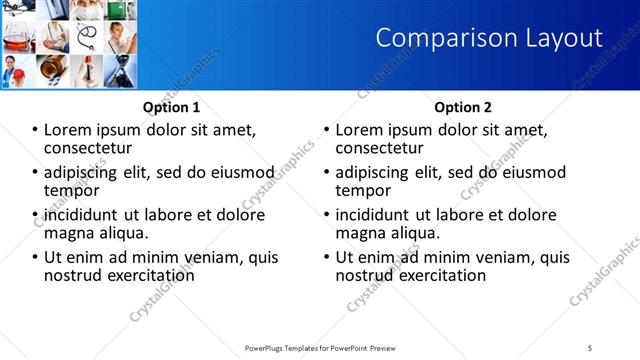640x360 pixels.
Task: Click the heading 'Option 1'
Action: click(x=171, y=107)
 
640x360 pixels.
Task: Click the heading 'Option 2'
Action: click(x=463, y=107)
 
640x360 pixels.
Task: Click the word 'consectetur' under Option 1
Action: click(x=87, y=148)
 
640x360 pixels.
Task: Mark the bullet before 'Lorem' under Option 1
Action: click(x=36, y=130)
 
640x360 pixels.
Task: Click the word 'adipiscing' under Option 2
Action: click(x=374, y=172)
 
